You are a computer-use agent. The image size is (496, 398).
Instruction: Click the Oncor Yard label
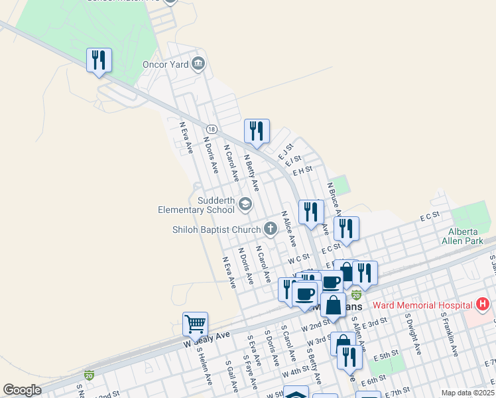point(165,64)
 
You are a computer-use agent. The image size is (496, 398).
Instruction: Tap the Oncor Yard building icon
point(198,64)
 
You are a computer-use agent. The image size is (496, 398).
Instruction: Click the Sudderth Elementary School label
point(197,205)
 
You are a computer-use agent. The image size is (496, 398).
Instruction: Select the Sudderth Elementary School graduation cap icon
point(245,204)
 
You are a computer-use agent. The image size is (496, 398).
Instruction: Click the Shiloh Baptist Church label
point(216,230)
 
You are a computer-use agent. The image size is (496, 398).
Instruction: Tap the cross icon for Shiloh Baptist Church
point(270,230)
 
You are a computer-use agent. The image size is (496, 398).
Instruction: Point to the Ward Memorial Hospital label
point(422,305)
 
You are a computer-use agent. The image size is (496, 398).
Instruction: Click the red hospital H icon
point(483,305)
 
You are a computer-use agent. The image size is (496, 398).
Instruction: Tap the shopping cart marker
point(195,324)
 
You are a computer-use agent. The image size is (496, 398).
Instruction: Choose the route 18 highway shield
point(211,129)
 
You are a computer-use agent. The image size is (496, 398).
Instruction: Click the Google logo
point(22,390)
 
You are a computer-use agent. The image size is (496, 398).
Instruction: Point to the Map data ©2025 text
point(467,393)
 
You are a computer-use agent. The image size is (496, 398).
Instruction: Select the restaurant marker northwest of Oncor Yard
point(99,60)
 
